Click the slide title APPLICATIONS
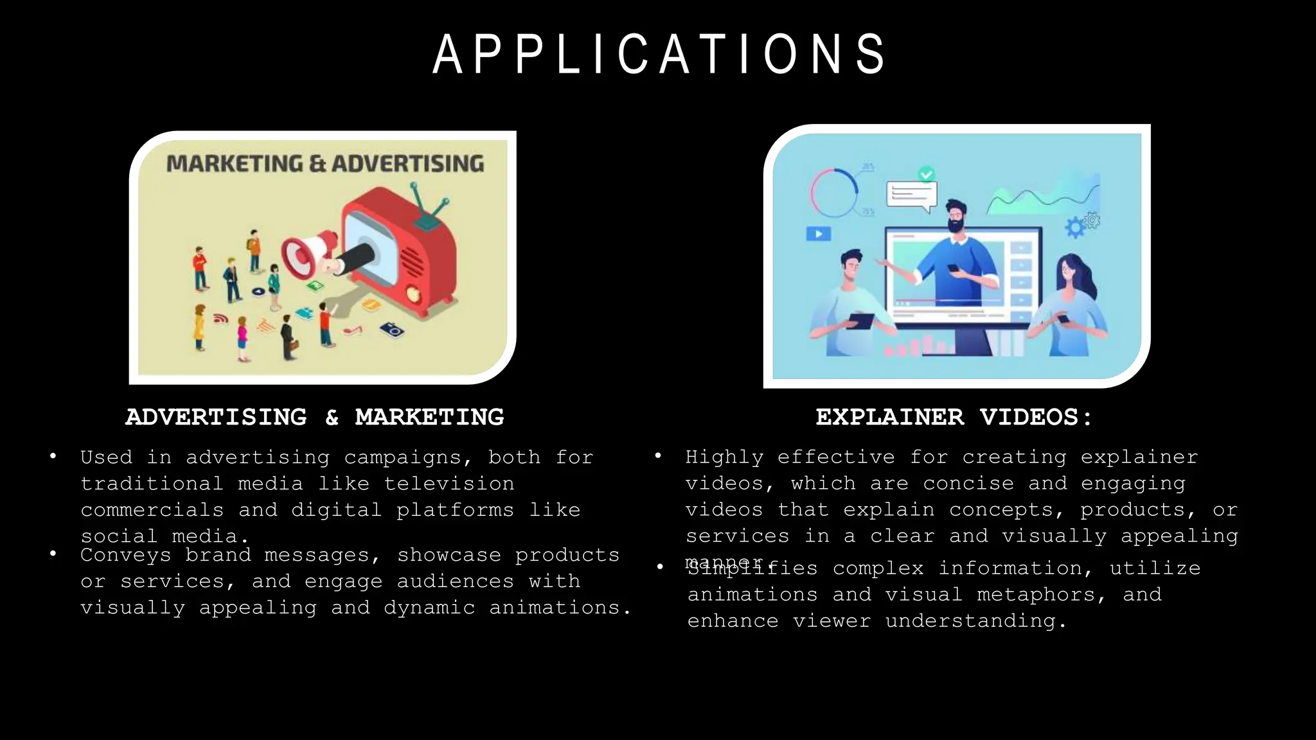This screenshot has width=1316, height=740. point(659,55)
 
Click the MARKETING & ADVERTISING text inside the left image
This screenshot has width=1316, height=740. point(325,164)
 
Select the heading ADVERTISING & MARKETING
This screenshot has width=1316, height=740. point(315,418)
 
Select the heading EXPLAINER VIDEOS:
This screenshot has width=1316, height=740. point(954,418)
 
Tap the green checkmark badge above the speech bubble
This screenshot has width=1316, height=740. point(926,173)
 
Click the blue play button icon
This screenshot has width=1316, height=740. point(818,234)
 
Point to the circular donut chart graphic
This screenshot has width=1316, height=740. point(834,193)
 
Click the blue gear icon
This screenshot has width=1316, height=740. point(1075,227)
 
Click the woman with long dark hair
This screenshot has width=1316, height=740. point(1070,302)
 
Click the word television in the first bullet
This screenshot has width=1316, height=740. point(449,484)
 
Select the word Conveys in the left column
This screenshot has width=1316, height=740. point(126,555)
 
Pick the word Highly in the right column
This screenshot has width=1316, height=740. point(724,457)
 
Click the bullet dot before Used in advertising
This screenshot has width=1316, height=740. point(53,457)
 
